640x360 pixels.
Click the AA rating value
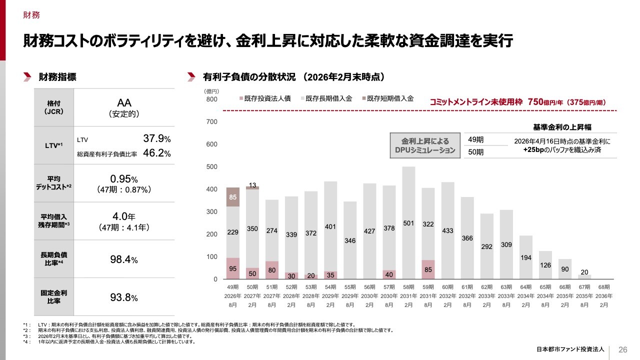[123, 102]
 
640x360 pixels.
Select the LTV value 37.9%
[157, 138]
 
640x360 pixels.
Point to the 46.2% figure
[157, 153]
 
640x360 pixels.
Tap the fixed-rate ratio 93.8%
[123, 298]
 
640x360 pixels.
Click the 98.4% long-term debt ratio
[123, 260]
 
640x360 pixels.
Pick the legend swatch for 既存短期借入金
[363, 99]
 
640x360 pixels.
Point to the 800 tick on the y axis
[211, 99]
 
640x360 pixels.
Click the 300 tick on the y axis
[211, 212]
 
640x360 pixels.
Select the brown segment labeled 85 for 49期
[233, 197]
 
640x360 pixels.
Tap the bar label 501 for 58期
[408, 223]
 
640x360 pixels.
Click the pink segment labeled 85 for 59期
[428, 269]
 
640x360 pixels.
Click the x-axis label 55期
[350, 287]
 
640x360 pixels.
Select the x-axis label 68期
[604, 287]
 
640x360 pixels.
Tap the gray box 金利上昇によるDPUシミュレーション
[425, 145]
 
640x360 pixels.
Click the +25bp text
[533, 149]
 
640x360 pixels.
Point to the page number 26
[623, 349]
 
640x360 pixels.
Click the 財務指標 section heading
[57, 77]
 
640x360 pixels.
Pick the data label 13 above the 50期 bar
[252, 185]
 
